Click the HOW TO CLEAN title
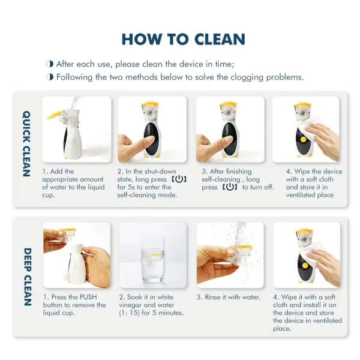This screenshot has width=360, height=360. tap(183, 40)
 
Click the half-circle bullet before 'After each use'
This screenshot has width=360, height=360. tap(50, 64)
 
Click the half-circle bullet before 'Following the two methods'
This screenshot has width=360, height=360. tap(50, 77)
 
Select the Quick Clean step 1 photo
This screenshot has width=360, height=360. tap(76, 129)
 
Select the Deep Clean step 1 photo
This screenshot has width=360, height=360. tap(76, 255)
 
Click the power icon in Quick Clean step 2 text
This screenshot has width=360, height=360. tap(179, 179)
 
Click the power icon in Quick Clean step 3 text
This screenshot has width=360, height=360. tap(230, 187)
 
